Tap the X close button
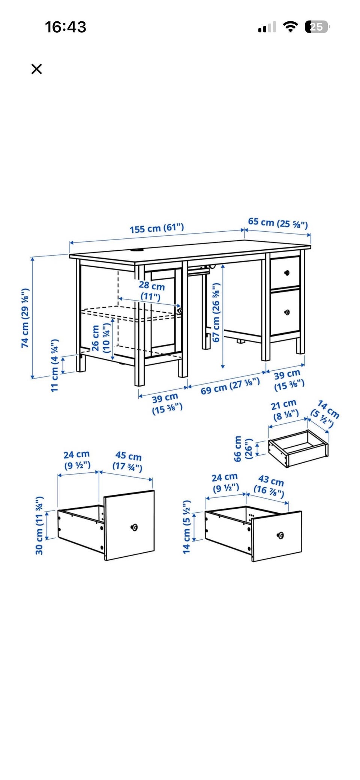click(37, 69)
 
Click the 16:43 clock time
click(66, 27)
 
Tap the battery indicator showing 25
click(317, 27)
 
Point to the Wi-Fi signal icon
click(290, 27)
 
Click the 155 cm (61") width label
click(157, 228)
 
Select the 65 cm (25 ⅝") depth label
click(278, 223)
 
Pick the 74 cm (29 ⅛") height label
click(25, 318)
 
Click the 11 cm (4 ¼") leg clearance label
click(55, 365)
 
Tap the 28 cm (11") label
click(151, 291)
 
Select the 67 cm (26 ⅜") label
click(216, 312)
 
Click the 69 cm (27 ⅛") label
click(230, 386)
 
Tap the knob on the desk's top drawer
click(287, 272)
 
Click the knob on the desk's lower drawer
click(287, 312)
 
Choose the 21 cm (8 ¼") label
click(285, 410)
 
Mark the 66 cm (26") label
click(243, 448)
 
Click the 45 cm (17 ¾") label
click(128, 461)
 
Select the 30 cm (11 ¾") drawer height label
click(39, 525)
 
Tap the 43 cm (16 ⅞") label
click(270, 486)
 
